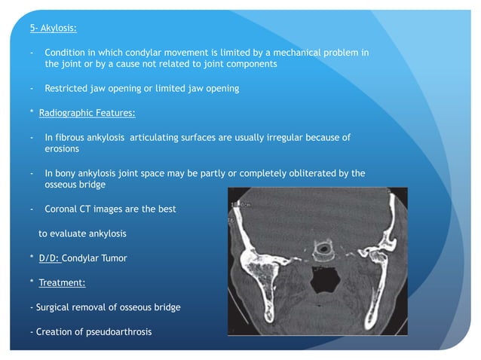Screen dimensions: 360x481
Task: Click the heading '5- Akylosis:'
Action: tap(51, 29)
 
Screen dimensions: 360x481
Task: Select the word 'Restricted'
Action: tap(67, 88)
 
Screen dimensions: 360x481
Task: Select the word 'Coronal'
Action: tap(63, 209)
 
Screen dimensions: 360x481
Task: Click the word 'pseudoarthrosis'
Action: tap(117, 331)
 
